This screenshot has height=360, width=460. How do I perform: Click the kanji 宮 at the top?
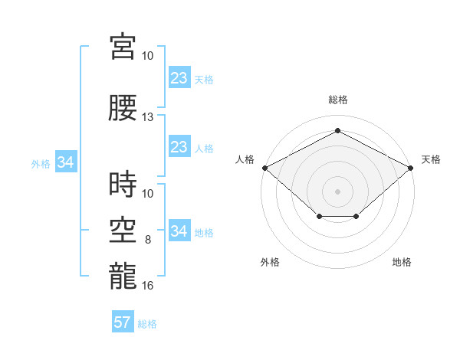tap(123, 46)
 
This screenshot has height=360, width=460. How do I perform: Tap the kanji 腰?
tap(123, 107)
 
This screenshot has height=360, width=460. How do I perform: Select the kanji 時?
tap(123, 184)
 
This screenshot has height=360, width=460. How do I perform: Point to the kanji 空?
tap(123, 230)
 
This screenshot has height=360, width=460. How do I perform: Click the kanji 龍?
tap(123, 276)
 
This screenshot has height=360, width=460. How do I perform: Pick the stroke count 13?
tap(147, 117)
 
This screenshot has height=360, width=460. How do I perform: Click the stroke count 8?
tap(148, 240)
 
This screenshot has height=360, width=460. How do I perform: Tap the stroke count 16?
tap(147, 285)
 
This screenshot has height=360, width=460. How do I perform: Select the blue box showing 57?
tap(123, 321)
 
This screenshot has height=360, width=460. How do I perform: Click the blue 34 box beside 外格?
tap(66, 162)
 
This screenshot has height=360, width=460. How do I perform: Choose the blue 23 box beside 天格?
tap(179, 77)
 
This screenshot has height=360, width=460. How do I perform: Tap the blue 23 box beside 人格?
tap(179, 146)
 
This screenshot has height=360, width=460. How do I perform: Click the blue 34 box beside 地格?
tap(179, 230)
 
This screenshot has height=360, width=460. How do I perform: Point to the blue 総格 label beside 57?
tap(147, 324)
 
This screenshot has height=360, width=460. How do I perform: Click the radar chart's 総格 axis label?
tap(338, 100)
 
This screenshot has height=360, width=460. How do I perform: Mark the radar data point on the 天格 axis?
tap(410, 168)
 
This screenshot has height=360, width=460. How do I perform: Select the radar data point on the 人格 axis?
tap(265, 168)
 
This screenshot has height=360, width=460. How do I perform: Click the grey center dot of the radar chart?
tap(337, 191)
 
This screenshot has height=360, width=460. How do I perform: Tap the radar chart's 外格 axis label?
tap(270, 262)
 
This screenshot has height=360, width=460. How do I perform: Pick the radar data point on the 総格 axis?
tap(337, 130)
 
